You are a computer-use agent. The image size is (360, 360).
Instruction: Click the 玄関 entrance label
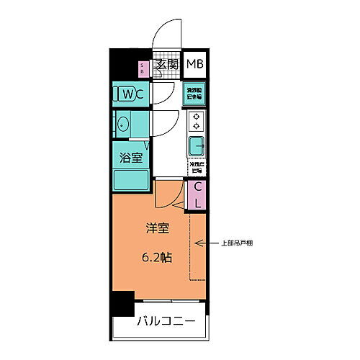pos(166,65)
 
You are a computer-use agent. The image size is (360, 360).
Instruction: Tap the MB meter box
pos(194,65)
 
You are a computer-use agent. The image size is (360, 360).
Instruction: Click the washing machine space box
pos(194,92)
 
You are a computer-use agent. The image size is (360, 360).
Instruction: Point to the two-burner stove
pos(194,121)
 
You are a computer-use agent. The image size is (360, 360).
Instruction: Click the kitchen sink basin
pos(195,146)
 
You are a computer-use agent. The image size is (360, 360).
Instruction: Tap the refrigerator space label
pos(195,167)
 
